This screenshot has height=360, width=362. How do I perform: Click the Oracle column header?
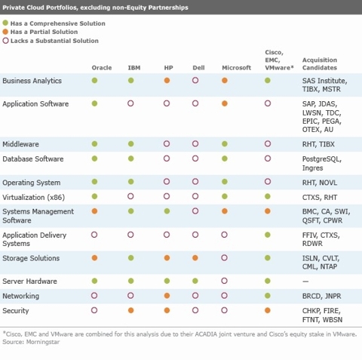pos(102,68)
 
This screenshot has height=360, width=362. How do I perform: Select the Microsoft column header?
pos(236,68)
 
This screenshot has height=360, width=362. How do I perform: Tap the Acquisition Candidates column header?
pos(320,63)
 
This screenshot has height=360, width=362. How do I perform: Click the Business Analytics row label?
pos(32,81)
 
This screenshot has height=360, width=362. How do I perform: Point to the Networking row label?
pos(20,296)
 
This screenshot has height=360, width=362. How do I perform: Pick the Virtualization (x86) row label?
pos(33,197)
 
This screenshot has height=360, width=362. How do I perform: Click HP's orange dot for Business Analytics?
pos(167,81)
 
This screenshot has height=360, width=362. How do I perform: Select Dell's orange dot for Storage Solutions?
pos(195,258)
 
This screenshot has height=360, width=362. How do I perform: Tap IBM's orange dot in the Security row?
pos(130,310)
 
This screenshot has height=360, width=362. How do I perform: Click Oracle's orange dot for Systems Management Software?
pos(94,211)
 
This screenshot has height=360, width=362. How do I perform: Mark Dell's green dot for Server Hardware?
pos(195,281)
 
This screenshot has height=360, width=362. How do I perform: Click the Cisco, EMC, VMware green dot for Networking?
pos(268,296)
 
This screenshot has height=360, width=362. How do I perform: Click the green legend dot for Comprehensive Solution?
pos(5,23)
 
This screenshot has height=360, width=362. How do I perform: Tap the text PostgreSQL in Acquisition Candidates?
pos(322,159)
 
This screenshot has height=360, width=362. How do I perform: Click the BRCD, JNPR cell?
pos(321,296)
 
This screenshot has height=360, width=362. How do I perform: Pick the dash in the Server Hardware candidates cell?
pos(305,282)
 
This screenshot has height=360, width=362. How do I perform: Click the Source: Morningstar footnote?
pos(31,342)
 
